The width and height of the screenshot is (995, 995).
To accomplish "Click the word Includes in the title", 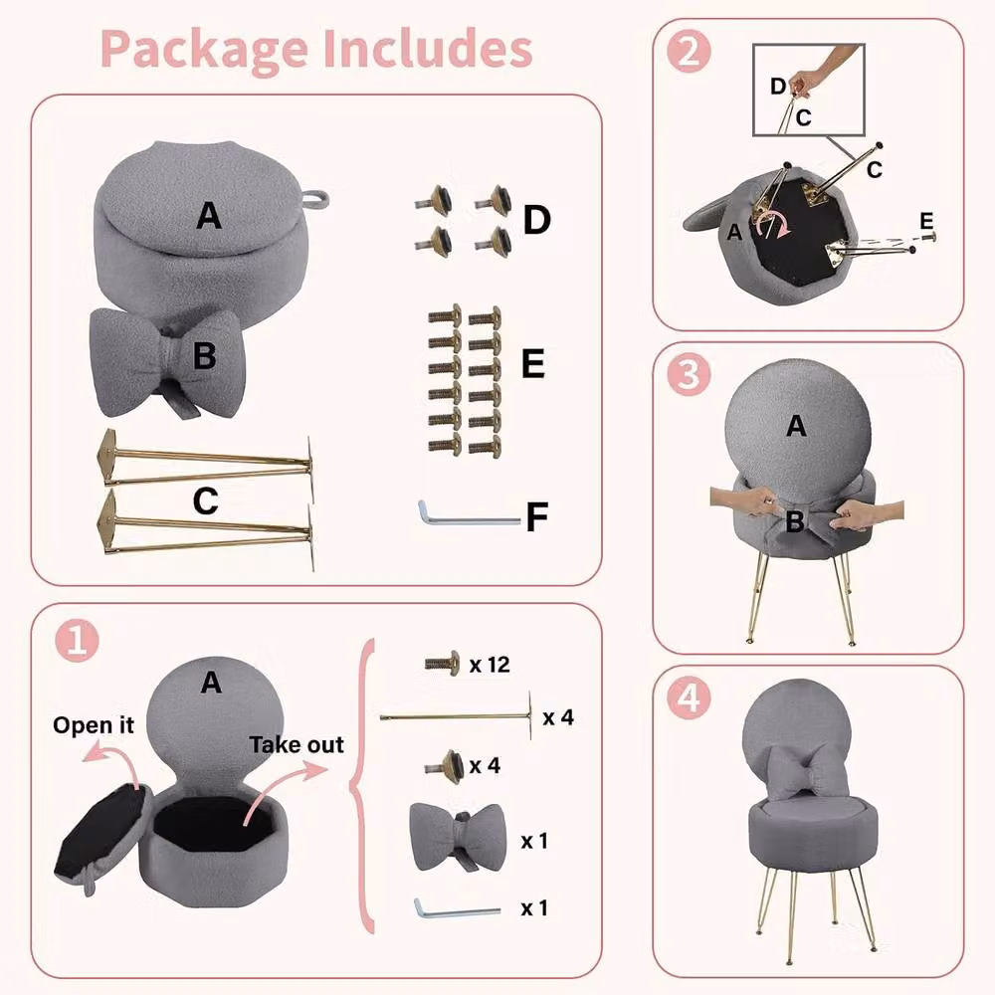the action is pyautogui.click(x=427, y=48).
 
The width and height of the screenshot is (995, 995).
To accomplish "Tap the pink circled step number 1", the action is pyautogui.click(x=77, y=640).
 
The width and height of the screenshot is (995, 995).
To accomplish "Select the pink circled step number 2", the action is pyautogui.click(x=689, y=52).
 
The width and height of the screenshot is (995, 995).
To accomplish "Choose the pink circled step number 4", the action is pyautogui.click(x=689, y=698).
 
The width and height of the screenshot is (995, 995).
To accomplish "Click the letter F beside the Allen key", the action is pyautogui.click(x=537, y=516).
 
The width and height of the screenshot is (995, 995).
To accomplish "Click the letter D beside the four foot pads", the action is pyautogui.click(x=537, y=220).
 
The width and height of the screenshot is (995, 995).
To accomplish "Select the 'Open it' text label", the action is pyautogui.click(x=94, y=724).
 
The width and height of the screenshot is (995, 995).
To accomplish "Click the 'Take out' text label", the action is pyautogui.click(x=297, y=744).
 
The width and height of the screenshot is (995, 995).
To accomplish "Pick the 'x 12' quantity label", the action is pyautogui.click(x=490, y=665).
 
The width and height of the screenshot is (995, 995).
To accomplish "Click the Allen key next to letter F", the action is pyautogui.click(x=468, y=514).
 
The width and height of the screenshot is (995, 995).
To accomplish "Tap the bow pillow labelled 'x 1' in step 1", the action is pyautogui.click(x=458, y=837).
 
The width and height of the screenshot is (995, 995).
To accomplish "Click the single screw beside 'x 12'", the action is pyautogui.click(x=443, y=664).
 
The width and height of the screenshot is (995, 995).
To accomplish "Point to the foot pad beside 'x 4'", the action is pyautogui.click(x=444, y=764).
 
